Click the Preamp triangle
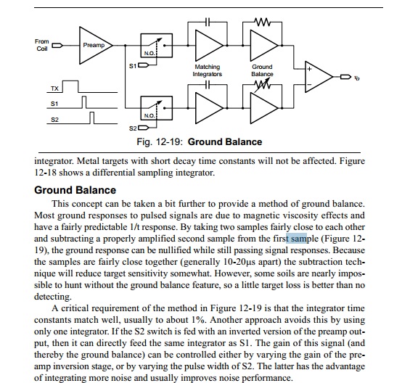point(94,45)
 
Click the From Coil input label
point(42,45)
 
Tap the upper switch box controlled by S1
point(156,45)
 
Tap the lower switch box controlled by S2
point(156,108)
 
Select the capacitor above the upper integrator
point(208,22)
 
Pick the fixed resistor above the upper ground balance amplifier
point(262,22)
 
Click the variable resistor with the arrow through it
point(262,85)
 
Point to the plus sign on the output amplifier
point(309,69)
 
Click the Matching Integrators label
point(208,70)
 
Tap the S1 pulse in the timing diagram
point(84,102)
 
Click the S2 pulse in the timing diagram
point(91,118)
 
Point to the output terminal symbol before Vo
point(345,77)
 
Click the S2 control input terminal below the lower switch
point(143,128)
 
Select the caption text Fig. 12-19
point(159,141)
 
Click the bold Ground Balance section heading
point(75,190)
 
